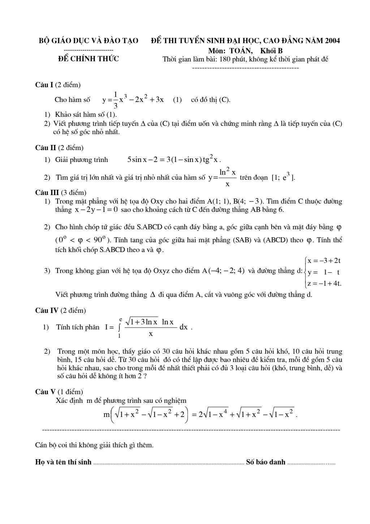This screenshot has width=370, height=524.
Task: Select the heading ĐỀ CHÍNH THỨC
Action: [89, 59]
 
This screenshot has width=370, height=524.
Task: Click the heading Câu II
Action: [46, 148]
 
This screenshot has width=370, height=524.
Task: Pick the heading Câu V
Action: [46, 392]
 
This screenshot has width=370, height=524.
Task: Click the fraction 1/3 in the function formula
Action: [116, 100]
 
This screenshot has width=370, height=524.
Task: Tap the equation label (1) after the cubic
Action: [177, 100]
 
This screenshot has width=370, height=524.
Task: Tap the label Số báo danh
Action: [266, 462]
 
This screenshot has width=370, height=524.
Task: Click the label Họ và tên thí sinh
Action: [63, 462]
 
